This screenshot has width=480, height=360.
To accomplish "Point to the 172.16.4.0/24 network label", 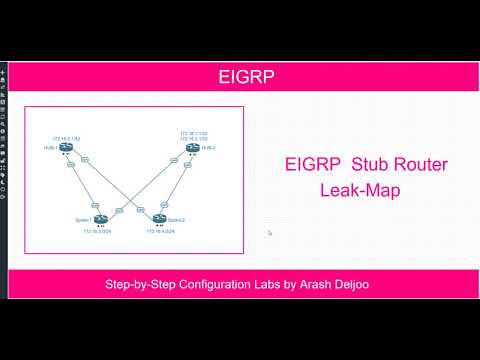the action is click(x=161, y=230).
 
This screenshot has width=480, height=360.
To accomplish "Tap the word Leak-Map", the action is click(x=360, y=190).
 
